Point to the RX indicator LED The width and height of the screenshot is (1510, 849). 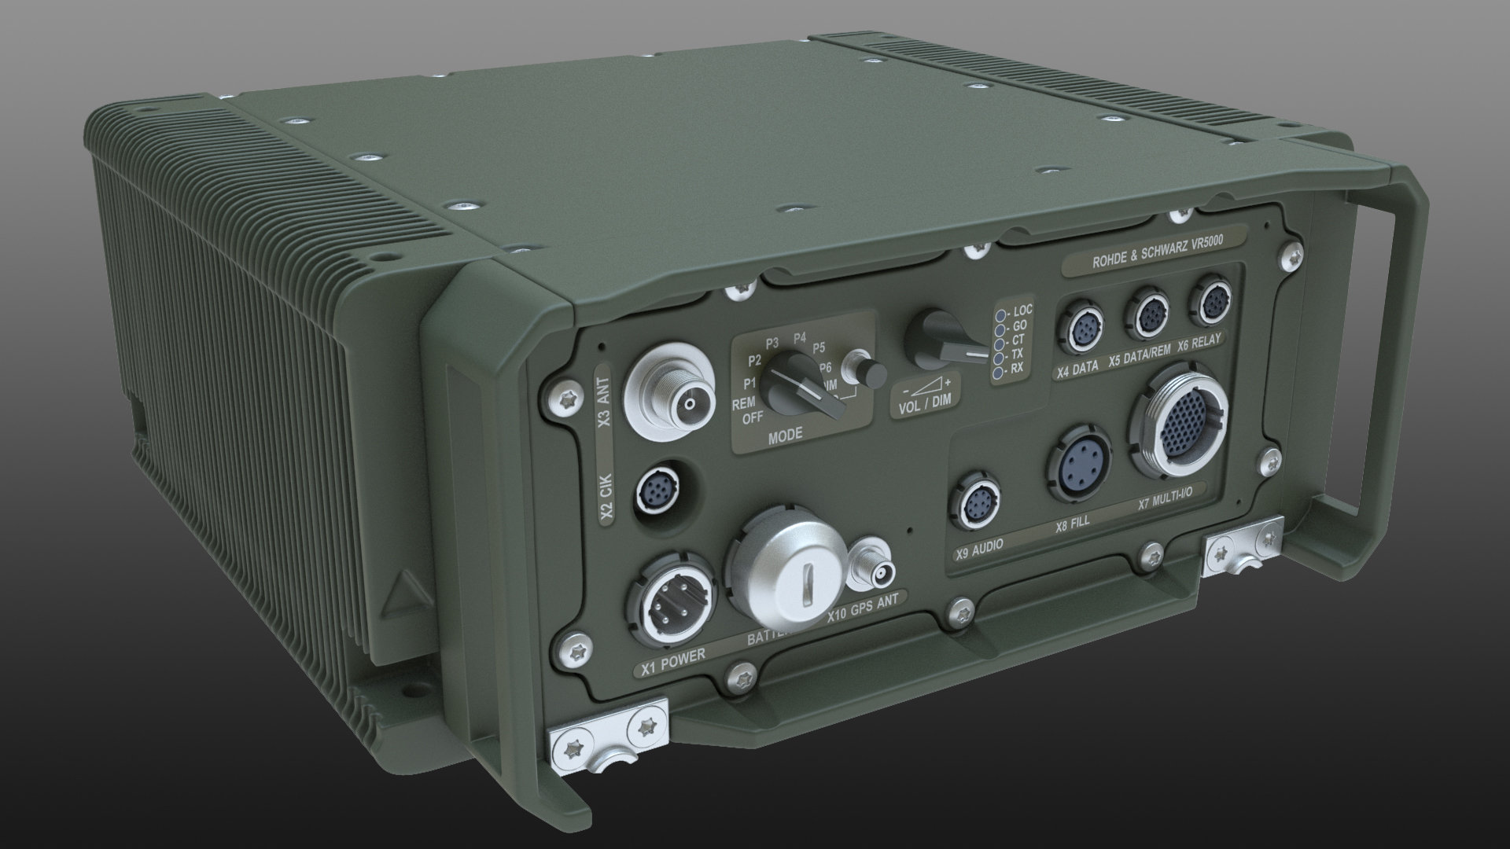click(x=998, y=375)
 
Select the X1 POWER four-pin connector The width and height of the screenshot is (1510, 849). click(x=669, y=598)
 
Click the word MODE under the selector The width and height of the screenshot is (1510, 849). click(x=785, y=434)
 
